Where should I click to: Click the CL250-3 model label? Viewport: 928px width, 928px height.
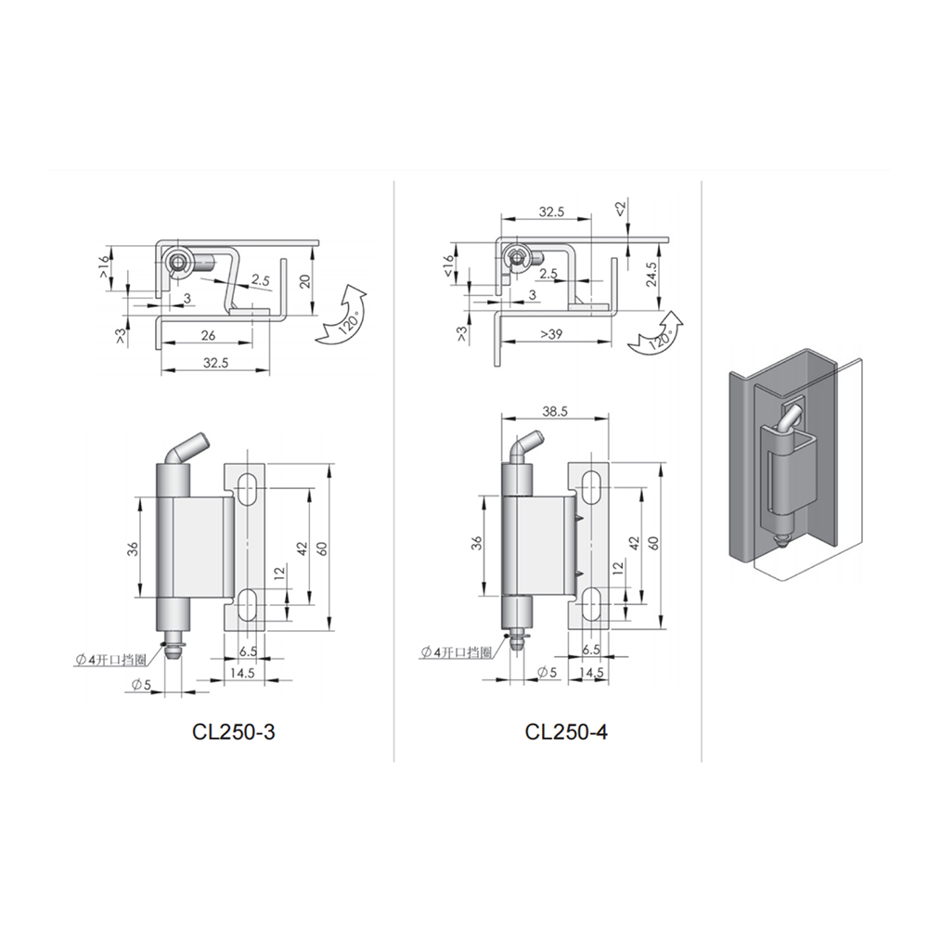click(233, 732)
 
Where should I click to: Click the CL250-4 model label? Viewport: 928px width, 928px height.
click(566, 732)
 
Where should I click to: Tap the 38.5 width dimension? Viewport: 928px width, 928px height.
click(555, 410)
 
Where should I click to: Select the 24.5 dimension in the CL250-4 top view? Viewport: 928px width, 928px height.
click(651, 275)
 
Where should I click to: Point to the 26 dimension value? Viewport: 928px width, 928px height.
click(208, 336)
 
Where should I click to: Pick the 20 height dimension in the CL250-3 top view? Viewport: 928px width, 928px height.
click(305, 281)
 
